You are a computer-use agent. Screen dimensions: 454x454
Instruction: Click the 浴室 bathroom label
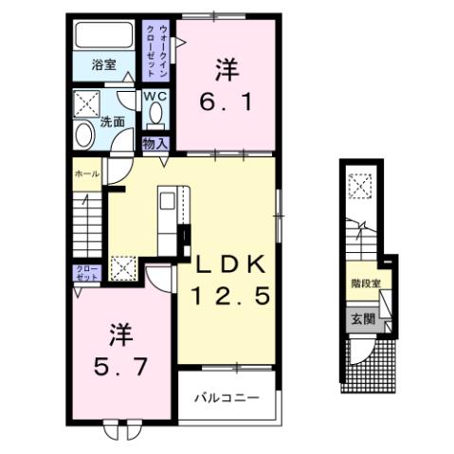click(103, 65)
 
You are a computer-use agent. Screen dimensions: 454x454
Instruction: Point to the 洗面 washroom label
click(114, 121)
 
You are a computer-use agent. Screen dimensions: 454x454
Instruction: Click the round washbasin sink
click(83, 136)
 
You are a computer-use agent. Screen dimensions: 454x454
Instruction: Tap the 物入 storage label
click(154, 143)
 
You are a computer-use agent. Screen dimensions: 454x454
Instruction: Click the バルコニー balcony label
click(227, 396)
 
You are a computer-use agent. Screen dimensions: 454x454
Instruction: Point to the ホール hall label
click(85, 174)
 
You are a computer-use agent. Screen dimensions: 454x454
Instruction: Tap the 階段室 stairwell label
click(364, 282)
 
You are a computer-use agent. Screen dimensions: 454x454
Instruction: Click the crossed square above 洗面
click(91, 102)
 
